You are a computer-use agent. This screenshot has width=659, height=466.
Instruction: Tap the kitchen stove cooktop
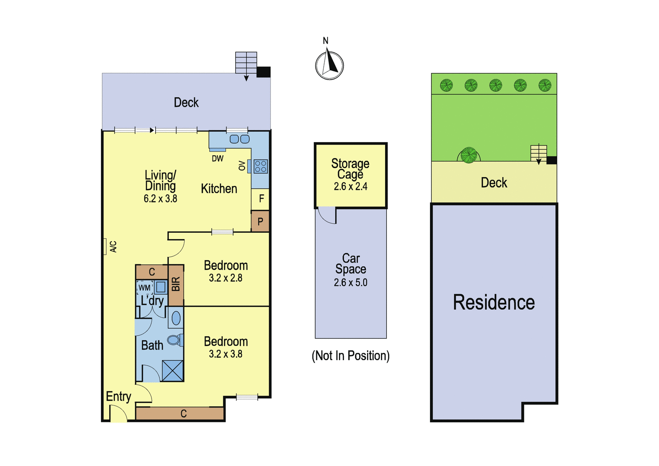pos(261,166)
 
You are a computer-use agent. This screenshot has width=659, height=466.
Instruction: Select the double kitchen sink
pos(239,139)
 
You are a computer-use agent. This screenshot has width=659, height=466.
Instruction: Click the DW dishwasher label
pos(218,159)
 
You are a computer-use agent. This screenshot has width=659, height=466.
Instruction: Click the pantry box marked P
pos(260,221)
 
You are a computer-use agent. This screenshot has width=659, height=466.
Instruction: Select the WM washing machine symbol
pos(145,287)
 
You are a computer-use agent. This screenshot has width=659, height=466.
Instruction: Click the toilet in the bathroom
pos(175,340)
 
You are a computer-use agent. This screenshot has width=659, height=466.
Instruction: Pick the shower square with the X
pos(173,371)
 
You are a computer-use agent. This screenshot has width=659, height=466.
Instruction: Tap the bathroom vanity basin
pos(176,318)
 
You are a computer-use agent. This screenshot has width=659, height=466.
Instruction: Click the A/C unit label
pos(114,247)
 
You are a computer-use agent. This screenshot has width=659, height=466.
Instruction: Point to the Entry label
pos(119,396)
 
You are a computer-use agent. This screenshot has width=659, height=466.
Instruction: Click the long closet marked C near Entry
pos(180,414)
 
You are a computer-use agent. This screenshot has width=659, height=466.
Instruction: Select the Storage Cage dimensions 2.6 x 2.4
pos(351,187)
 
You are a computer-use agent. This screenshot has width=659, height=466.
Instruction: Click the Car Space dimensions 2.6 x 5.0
pos(351,283)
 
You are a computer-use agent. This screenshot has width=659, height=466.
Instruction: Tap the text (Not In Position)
pos(351,356)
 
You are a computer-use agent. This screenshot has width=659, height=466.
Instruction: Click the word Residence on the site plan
pos(494,302)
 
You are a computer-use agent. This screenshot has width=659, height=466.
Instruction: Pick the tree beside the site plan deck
pos(469,155)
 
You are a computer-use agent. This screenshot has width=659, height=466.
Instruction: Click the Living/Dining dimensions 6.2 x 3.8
pos(160,199)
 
